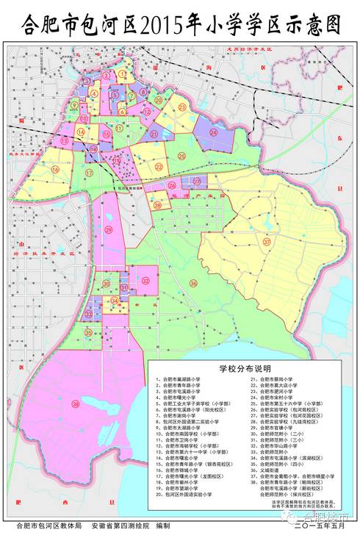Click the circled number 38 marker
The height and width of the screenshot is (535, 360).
point(76,403)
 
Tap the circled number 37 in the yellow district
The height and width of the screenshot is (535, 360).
point(267,242)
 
